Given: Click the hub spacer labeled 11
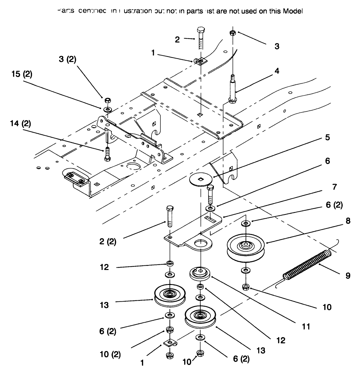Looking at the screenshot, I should (x=200, y=273).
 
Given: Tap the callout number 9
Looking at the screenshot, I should (x=348, y=276).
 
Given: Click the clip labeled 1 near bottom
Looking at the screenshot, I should (x=169, y=343).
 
